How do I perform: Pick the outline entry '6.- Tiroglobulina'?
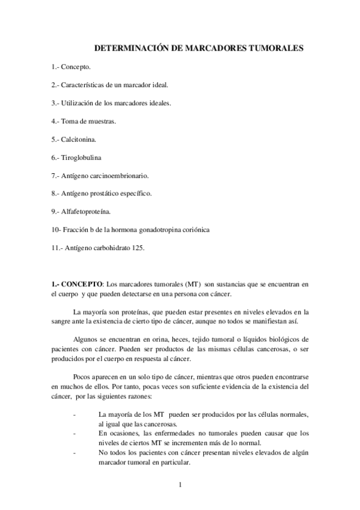click(76, 157)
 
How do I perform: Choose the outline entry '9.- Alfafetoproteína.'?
click(82, 211)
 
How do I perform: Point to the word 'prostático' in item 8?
click(120, 193)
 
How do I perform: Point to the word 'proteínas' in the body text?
click(132, 312)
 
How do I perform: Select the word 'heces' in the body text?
click(200, 340)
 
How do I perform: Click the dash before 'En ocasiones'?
click(73, 433)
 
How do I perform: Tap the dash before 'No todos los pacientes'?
click(73, 452)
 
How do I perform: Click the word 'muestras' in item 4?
click(102, 121)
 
